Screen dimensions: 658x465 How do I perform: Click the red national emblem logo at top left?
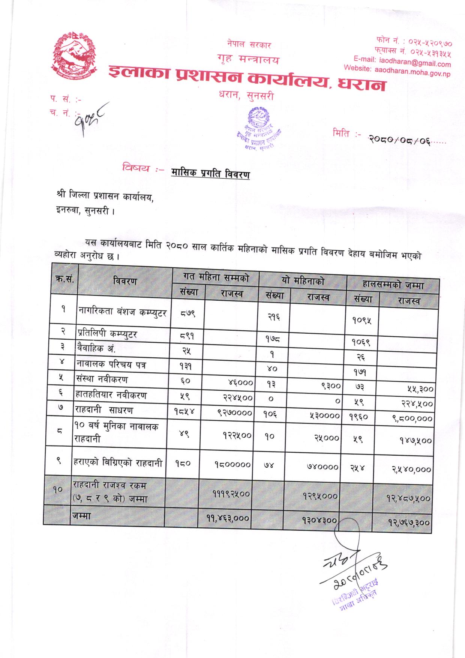pos(74,54)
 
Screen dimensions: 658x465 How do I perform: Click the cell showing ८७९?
pos(187,313)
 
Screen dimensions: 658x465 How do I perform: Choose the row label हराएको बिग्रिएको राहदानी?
pos(117,463)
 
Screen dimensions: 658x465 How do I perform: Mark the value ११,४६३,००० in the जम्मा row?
pos(228,518)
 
